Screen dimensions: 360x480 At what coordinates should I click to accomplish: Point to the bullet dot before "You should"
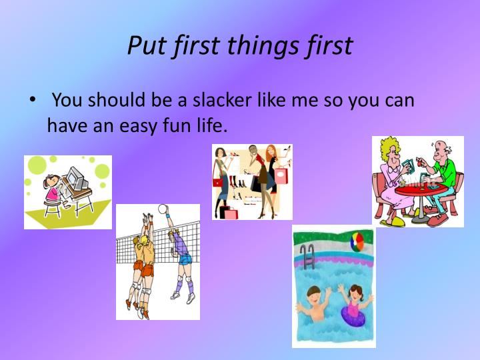point(31,101)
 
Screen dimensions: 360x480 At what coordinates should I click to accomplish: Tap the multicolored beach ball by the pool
point(357,241)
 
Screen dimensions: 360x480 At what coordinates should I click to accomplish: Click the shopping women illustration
point(252,181)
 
